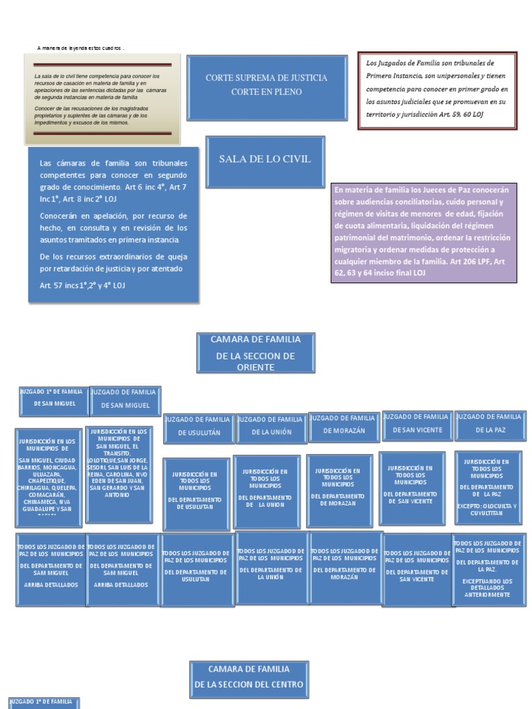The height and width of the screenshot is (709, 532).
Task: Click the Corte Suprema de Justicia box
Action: pos(266,84)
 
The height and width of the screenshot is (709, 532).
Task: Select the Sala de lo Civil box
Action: pos(265,160)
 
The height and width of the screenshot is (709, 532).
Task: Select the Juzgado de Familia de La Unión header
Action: pos(269,426)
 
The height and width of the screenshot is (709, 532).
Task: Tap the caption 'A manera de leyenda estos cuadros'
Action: pos(81,48)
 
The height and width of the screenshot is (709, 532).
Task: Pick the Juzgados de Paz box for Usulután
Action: pos(196,565)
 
